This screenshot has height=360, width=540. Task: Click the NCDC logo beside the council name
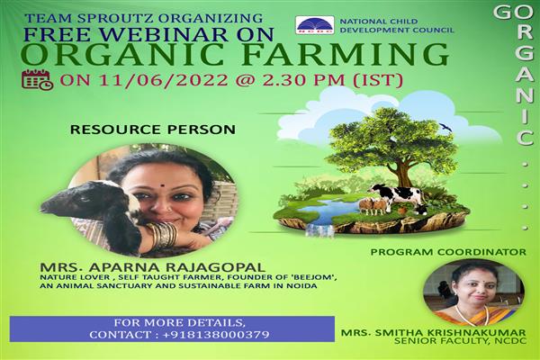coord(315,25)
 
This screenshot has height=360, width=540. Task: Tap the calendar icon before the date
coord(38,79)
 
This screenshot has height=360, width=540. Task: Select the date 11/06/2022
coord(163,80)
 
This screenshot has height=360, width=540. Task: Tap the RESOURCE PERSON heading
coord(153,130)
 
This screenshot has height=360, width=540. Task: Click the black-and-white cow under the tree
coord(397,195)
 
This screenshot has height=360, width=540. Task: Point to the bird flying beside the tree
coord(446,127)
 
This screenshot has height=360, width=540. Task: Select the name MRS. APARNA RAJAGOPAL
coord(153,267)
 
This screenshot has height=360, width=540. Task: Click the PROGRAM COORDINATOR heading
coord(448,252)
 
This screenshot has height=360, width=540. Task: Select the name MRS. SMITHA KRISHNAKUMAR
coord(434,333)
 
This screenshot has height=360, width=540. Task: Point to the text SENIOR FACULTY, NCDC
coord(461,341)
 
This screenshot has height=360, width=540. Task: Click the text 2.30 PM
coord(304,80)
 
